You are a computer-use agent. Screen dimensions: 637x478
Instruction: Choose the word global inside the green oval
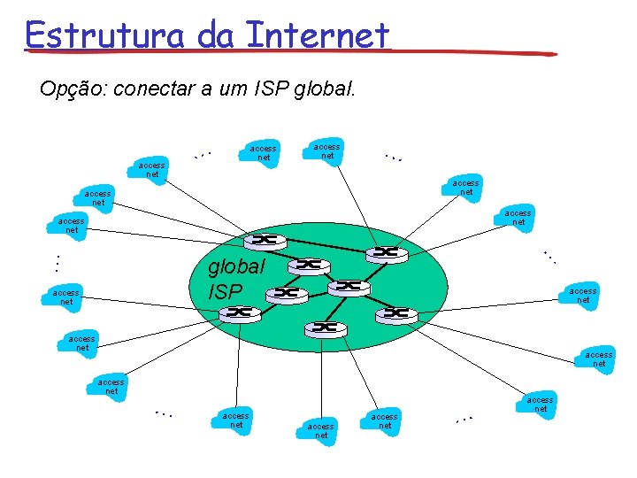click(x=235, y=266)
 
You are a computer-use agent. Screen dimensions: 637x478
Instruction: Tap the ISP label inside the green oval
click(x=225, y=289)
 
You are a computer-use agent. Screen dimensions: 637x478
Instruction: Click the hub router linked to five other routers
click(x=350, y=285)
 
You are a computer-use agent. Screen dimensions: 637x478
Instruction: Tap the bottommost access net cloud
click(x=321, y=431)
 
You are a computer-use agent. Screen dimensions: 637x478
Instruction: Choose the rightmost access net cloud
click(x=599, y=358)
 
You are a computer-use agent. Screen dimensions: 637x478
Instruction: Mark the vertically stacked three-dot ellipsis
click(x=55, y=263)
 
